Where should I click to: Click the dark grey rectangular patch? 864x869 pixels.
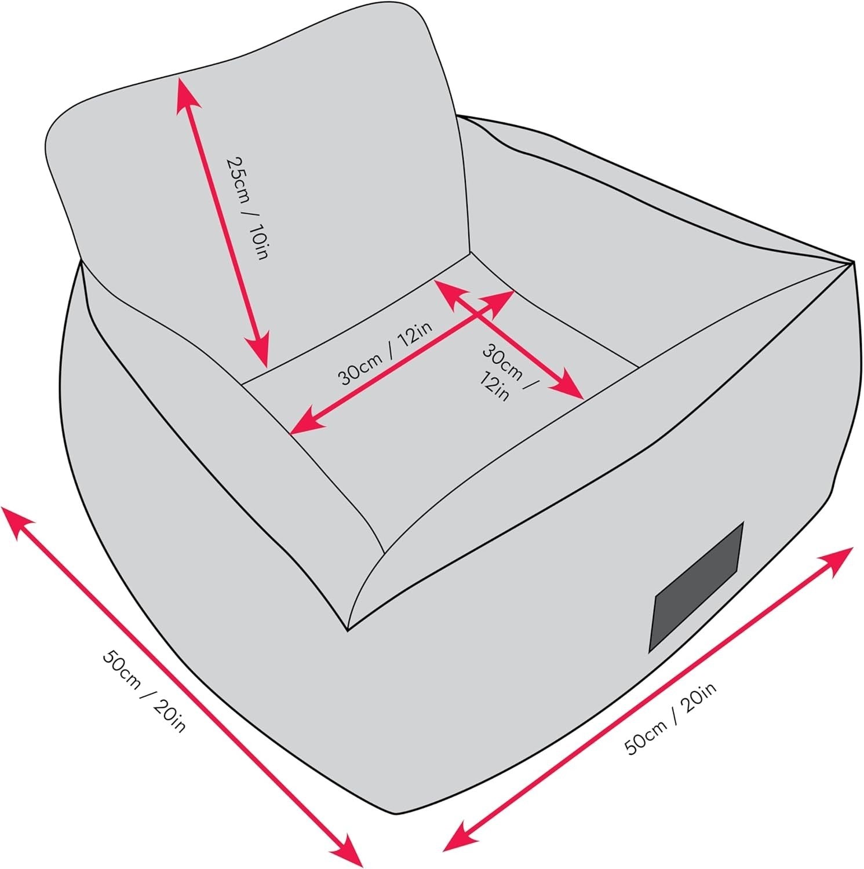[x=695, y=586]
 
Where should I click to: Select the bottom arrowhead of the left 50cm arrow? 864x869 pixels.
[x=348, y=851]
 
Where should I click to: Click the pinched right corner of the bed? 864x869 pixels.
[x=853, y=262]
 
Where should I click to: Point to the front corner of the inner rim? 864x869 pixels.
[x=348, y=630]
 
